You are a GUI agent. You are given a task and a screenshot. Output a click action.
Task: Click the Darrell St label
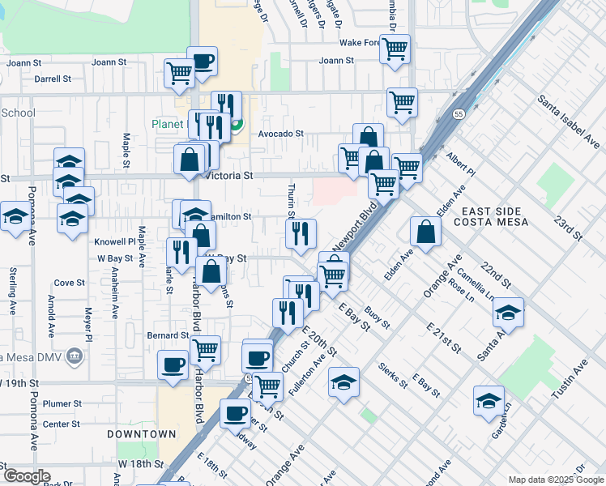coord(54,79)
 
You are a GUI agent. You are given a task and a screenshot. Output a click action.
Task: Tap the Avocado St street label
coord(280,134)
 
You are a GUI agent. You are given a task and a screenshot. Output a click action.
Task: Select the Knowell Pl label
coord(115,241)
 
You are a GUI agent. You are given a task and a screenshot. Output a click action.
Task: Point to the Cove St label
coord(69,283)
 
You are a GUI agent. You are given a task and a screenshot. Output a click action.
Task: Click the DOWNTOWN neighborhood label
coord(142,434)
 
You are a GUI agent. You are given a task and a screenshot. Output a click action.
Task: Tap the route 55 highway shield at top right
coord(459,115)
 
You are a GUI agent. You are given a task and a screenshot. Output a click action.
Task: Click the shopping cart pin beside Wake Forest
coord(395,49)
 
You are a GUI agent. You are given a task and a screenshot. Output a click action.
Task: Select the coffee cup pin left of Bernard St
coord(173,364)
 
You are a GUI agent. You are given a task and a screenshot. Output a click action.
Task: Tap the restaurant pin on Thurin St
coord(301,234)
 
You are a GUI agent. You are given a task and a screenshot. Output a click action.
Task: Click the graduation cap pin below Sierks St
coord(344,381)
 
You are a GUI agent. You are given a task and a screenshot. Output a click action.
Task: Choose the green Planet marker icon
coord(237,125)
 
